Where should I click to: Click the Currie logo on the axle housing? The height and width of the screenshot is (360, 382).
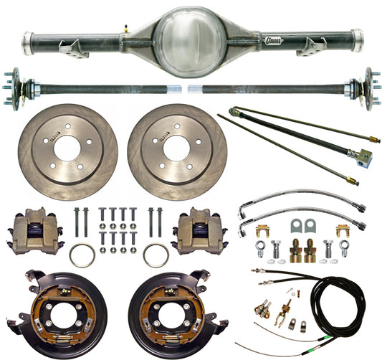pos(273,41)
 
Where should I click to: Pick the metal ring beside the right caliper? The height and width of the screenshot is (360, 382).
pos(156,254)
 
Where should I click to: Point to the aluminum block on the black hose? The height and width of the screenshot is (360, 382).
pos(365,155)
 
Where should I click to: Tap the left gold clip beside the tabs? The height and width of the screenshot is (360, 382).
pos(264,231)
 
